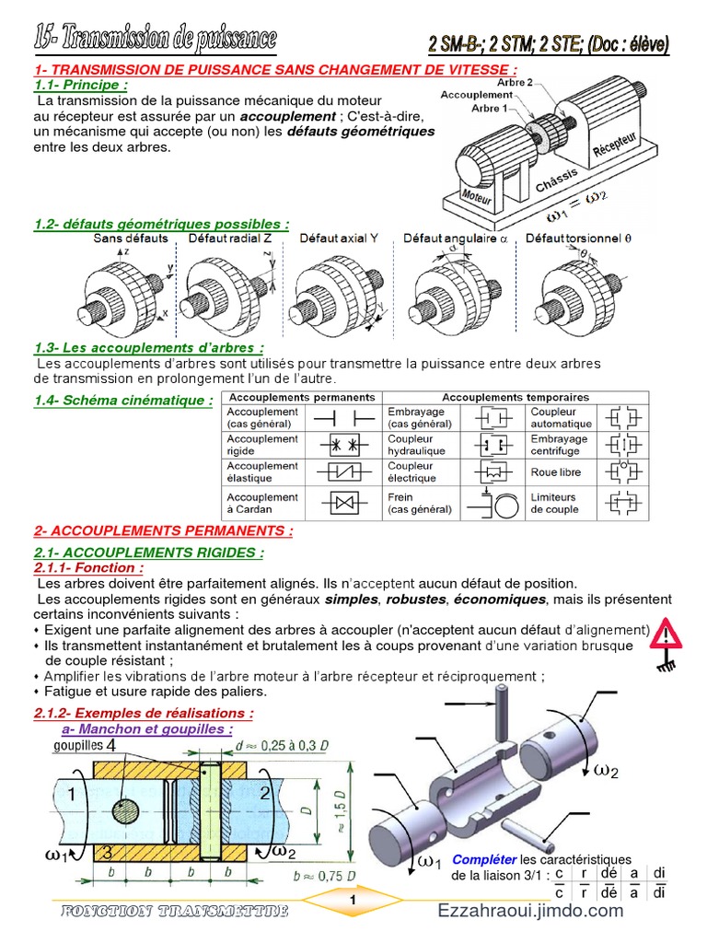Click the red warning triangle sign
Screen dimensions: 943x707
tap(666, 633)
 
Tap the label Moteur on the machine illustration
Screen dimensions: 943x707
tap(479, 195)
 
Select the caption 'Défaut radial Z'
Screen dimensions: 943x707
tap(230, 239)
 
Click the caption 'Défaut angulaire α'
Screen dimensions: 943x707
tap(456, 239)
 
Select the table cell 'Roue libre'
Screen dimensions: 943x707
tap(555, 472)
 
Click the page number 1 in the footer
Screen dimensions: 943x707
tap(353, 899)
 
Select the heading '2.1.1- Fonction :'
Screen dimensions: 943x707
tap(88, 568)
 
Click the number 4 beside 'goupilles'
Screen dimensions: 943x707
tap(110, 744)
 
